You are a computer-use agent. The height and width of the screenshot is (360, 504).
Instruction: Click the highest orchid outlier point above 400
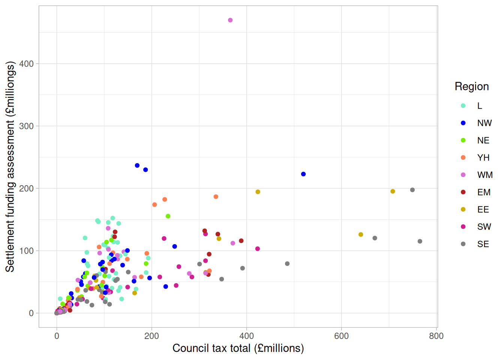[x=230, y=20]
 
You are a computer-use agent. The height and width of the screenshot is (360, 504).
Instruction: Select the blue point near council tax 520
[x=303, y=174]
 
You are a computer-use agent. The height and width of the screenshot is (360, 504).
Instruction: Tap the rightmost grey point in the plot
[x=420, y=241]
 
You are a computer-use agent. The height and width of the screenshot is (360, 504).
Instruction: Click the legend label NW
[x=484, y=123]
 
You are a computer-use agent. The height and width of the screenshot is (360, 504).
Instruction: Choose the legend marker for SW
[x=463, y=226]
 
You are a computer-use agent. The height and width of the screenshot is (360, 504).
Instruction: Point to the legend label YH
[x=483, y=158]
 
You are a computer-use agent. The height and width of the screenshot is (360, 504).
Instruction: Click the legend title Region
[x=472, y=87]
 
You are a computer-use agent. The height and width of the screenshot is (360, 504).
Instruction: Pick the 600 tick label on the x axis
[x=341, y=336]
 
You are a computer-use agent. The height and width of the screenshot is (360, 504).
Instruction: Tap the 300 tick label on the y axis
[x=26, y=126]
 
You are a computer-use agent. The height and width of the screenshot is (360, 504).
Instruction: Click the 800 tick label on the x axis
[x=436, y=336]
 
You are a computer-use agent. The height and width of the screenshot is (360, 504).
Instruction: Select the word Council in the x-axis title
[x=189, y=348]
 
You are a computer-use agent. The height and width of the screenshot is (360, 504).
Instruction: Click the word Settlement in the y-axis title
[x=10, y=246]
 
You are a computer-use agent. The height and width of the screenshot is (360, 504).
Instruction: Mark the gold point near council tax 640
[x=361, y=234]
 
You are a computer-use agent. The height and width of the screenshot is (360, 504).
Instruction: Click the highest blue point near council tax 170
[x=137, y=165]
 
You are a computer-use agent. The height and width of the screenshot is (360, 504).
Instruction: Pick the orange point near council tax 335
[x=216, y=196]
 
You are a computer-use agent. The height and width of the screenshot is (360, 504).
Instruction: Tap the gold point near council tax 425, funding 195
[x=258, y=192]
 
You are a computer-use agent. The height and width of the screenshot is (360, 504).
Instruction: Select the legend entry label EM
[x=484, y=192]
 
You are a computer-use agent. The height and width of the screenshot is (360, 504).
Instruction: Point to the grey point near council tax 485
[x=287, y=264]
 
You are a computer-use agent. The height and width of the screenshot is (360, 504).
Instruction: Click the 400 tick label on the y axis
[x=26, y=64]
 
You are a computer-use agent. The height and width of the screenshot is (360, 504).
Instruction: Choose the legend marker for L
[x=463, y=105]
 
